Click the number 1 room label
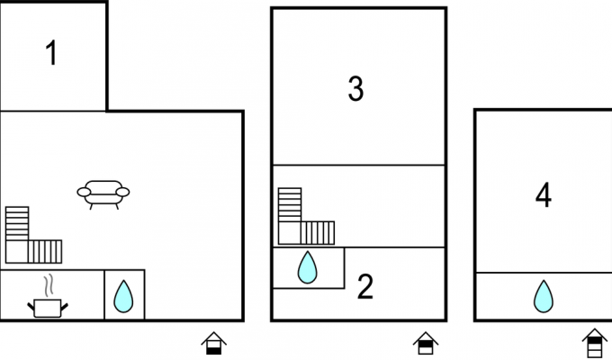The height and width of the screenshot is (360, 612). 52,53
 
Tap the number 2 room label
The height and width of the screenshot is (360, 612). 365,287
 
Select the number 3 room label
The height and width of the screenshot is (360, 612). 355,88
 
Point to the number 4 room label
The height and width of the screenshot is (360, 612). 544,194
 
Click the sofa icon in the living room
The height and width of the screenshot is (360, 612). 103,194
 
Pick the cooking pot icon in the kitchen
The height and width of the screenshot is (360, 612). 48,308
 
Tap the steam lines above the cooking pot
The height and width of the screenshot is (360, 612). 48,286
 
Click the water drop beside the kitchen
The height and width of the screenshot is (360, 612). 123,296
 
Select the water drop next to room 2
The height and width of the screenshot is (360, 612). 308,267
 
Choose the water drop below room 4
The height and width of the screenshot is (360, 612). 544,296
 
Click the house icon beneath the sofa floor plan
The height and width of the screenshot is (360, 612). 214,343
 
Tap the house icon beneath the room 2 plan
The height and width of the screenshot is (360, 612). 426,343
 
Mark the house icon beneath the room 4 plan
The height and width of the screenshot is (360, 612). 595,343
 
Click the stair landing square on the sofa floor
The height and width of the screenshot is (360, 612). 17,251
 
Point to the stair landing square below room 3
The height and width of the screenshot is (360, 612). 290,233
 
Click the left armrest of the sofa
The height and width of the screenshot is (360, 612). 84,192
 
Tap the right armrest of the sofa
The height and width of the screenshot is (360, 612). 123,192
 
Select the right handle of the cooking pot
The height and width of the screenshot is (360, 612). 65,307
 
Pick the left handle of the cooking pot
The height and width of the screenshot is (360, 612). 31,307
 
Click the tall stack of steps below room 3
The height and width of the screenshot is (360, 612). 290,205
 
